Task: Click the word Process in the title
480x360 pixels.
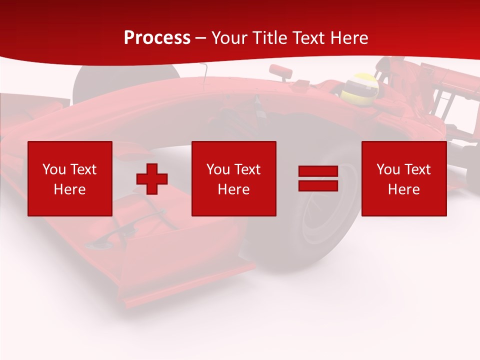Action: (157, 38)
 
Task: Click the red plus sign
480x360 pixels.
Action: (152, 178)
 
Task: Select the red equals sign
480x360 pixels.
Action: (318, 178)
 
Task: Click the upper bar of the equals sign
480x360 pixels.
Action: (318, 171)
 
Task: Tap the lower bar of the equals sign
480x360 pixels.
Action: (318, 185)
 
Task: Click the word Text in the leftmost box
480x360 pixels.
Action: (83, 169)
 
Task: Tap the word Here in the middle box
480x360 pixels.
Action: (234, 189)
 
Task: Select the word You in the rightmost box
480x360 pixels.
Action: (388, 169)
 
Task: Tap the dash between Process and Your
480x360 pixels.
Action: (200, 38)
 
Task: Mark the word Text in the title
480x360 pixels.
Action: (306, 38)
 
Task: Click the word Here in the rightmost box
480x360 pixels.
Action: (404, 189)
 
